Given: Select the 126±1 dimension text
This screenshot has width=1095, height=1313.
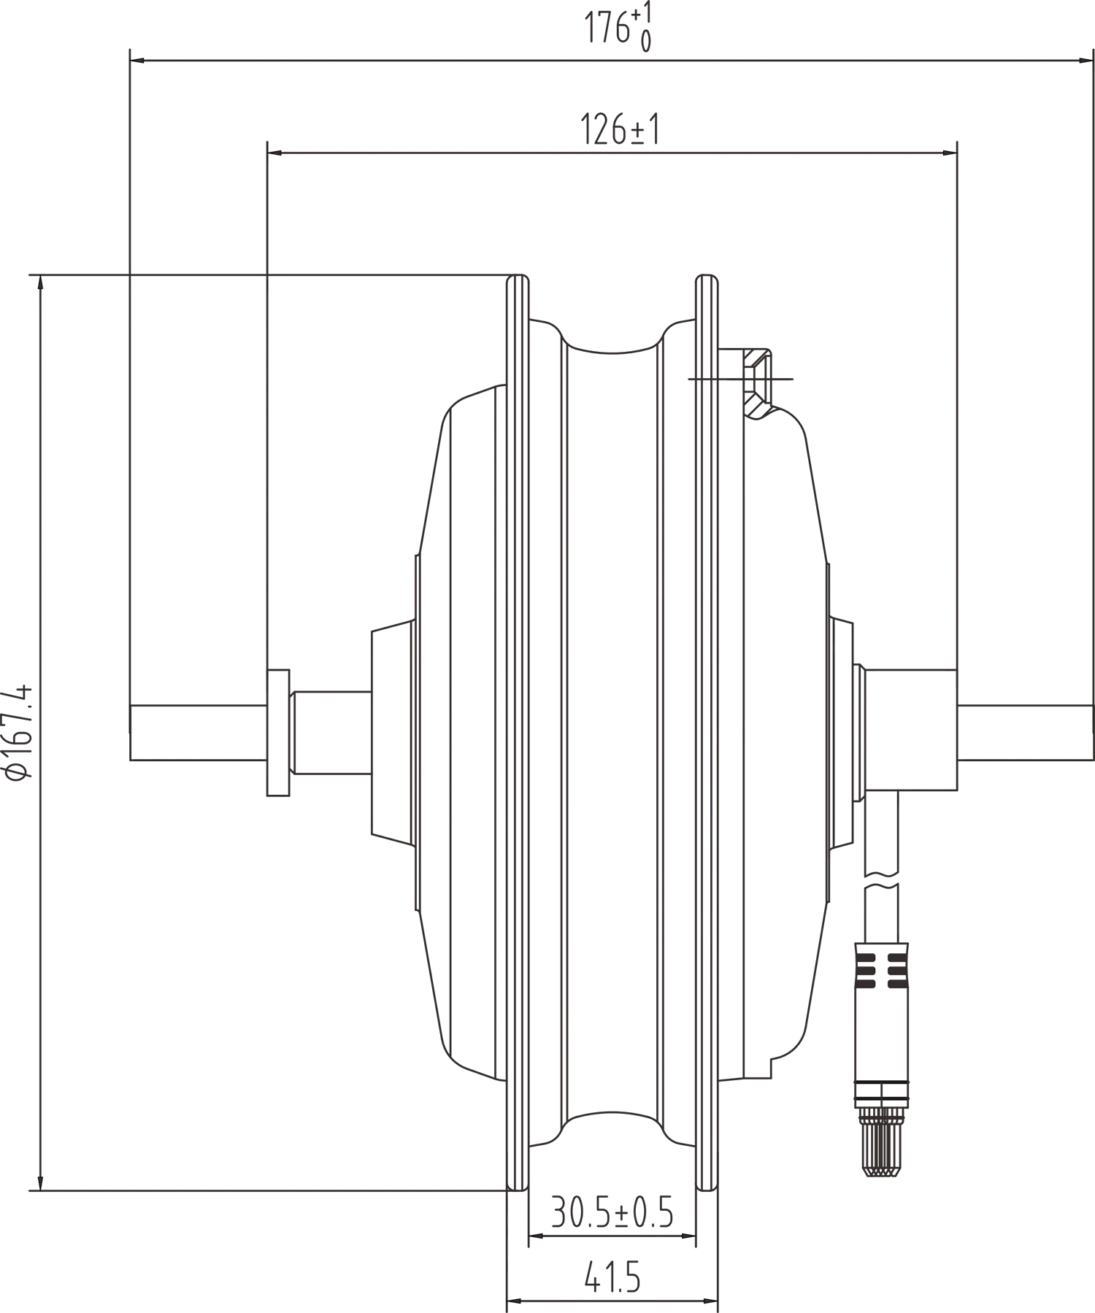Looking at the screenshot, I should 620,130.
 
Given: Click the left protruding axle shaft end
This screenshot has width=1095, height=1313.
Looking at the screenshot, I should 197,733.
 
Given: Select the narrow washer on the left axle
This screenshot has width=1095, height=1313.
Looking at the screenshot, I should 277,731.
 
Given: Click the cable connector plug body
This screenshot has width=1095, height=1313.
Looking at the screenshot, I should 882,1014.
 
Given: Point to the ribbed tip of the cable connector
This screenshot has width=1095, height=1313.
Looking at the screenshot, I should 882,1142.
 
